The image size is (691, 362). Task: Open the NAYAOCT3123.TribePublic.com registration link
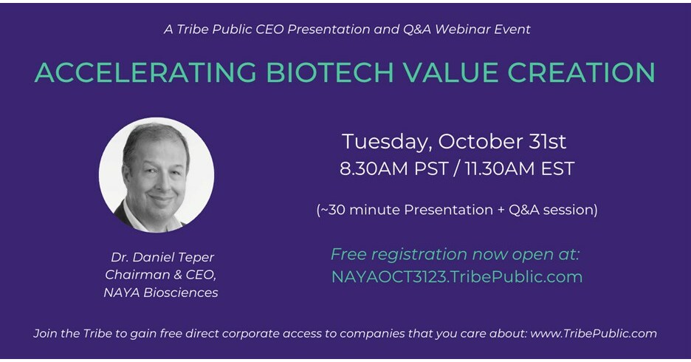pyautogui.click(x=457, y=277)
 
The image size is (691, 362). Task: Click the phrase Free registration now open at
pyautogui.click(x=455, y=254)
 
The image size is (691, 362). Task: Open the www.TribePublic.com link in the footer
pyautogui.click(x=595, y=333)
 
